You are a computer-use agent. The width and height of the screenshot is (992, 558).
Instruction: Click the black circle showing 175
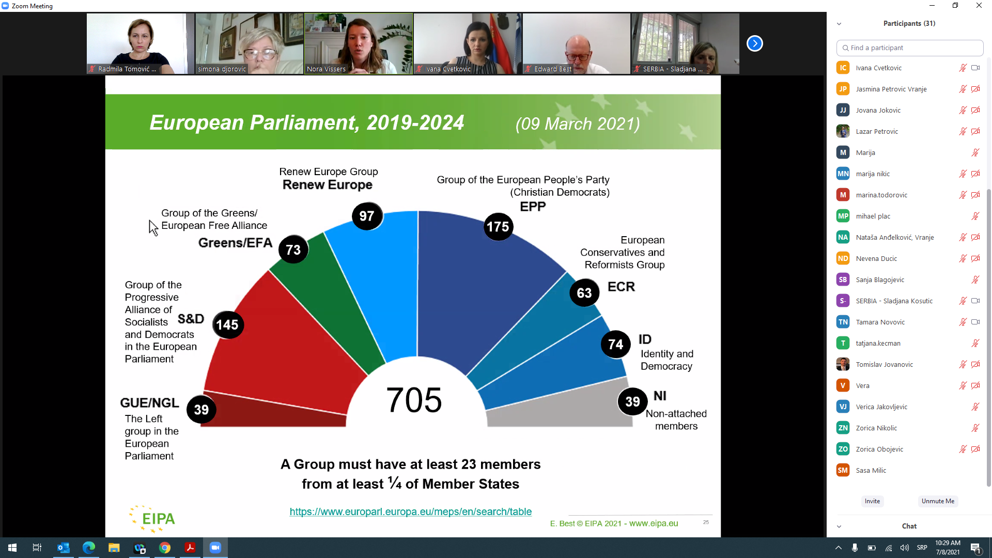(498, 226)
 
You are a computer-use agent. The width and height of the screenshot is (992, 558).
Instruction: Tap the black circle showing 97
(367, 216)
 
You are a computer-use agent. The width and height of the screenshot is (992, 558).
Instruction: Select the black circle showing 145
(227, 324)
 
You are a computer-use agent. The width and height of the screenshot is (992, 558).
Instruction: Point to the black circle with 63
(584, 292)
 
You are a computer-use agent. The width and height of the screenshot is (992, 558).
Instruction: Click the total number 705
(414, 400)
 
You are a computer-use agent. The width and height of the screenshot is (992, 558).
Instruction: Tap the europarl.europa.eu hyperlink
(410, 512)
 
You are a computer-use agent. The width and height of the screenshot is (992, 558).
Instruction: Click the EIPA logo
(152, 519)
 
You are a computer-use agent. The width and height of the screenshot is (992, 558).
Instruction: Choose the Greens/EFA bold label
(235, 243)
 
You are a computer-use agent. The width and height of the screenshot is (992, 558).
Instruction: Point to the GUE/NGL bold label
(149, 402)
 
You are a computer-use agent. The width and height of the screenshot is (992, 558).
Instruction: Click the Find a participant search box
(909, 48)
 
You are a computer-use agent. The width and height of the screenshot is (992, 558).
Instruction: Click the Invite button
(872, 501)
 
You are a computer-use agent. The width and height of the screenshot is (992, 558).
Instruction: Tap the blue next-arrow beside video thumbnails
(754, 43)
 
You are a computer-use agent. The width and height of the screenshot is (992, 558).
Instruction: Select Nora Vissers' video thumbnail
(359, 43)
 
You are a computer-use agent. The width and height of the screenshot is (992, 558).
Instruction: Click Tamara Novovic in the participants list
(880, 322)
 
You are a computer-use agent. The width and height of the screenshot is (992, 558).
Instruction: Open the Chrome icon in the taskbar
(165, 548)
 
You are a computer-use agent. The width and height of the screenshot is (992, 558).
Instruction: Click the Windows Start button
(12, 548)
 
